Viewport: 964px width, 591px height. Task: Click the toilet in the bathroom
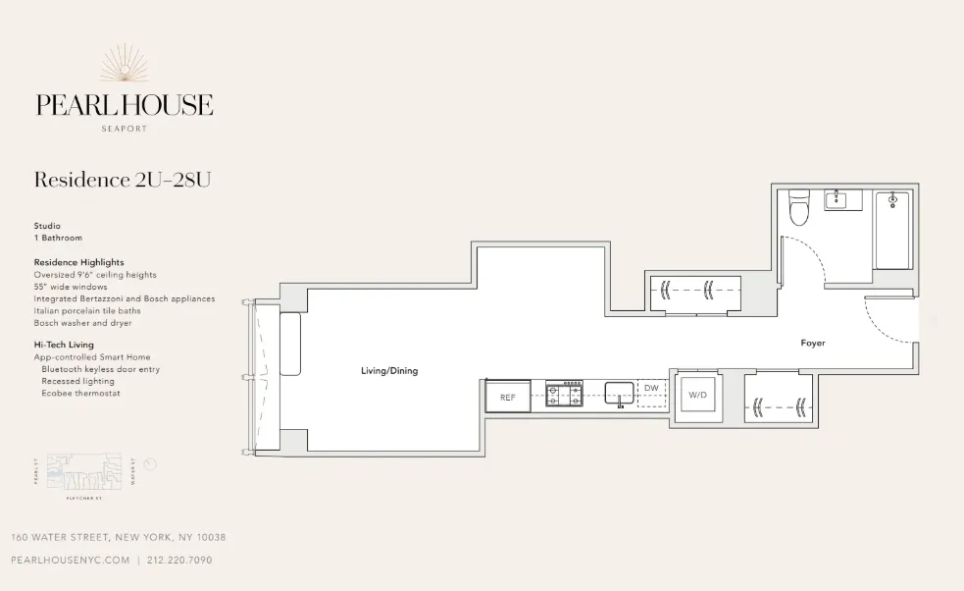click(797, 208)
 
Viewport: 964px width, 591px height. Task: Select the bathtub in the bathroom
click(892, 230)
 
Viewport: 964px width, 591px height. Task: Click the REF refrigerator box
click(508, 397)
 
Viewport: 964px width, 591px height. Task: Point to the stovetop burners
click(565, 395)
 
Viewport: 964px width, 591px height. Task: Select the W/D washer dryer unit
click(697, 395)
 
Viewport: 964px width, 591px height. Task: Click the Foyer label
click(812, 344)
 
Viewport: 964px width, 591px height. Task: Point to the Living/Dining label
click(390, 371)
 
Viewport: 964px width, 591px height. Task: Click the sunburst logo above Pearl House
click(124, 66)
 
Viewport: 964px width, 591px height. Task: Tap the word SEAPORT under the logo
click(124, 128)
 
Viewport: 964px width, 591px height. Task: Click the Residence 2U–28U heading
click(123, 180)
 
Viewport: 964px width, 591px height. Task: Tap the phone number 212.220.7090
click(179, 561)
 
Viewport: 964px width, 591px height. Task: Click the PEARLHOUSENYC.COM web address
click(70, 561)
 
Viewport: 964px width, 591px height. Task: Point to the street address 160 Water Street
click(119, 537)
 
